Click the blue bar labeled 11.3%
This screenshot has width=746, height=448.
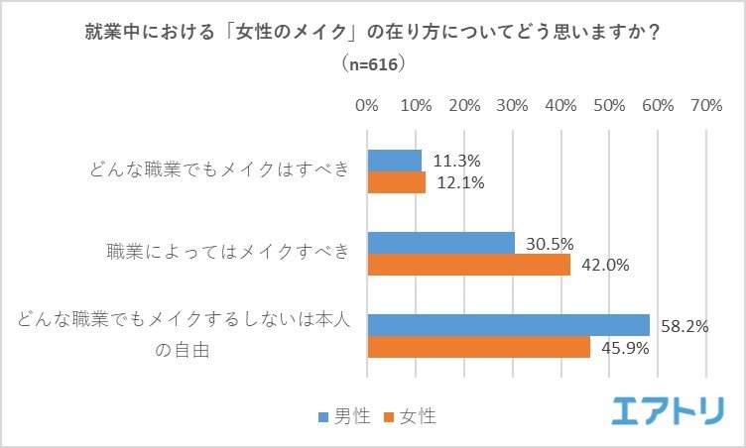tap(395, 161)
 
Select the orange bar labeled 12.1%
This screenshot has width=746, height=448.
tap(397, 182)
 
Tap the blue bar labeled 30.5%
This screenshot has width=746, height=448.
tap(441, 243)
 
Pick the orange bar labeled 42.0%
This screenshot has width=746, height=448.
tap(469, 265)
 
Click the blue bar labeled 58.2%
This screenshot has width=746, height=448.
tap(509, 325)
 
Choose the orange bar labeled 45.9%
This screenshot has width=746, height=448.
tap(479, 347)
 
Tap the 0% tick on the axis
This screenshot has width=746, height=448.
tap(367, 104)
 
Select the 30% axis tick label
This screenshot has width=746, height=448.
tap(512, 104)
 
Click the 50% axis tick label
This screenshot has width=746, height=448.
tap(609, 104)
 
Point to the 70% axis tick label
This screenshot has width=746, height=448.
tap(705, 104)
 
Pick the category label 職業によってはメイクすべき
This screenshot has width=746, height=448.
tap(228, 253)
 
